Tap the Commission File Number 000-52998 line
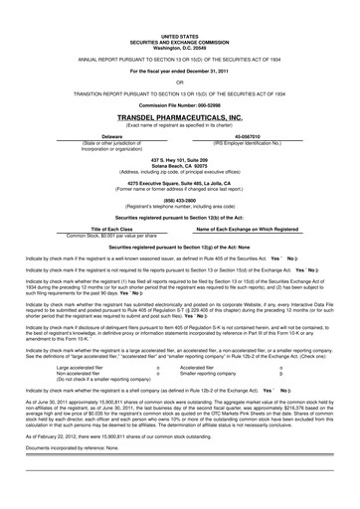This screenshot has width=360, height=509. tap(180, 101)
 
